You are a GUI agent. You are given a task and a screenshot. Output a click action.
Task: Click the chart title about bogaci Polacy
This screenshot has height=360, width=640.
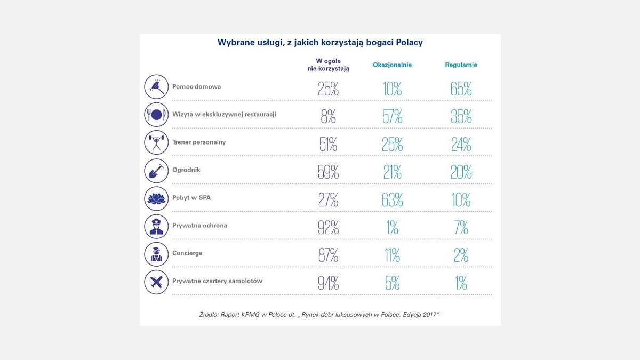tap(320, 43)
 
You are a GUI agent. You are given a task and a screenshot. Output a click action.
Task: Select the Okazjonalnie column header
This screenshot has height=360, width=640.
tap(392, 65)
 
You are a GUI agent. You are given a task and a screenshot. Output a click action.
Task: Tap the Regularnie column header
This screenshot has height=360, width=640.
tap(461, 65)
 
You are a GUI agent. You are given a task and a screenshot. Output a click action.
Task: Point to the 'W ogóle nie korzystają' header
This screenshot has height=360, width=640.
tap(328, 65)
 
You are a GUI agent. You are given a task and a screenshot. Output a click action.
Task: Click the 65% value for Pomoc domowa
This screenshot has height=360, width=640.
tap(461, 89)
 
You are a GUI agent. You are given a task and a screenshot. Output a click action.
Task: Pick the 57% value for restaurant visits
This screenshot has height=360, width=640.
tap(392, 117)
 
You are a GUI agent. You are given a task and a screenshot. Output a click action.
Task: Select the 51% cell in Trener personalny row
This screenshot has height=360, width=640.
tap(328, 145)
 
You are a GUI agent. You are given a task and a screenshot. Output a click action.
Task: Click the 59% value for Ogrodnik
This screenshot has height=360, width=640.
tap(328, 172)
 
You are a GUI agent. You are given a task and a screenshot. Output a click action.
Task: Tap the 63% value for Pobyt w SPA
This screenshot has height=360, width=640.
tap(392, 200)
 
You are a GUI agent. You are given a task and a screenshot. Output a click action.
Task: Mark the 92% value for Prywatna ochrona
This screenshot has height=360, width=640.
tap(328, 228)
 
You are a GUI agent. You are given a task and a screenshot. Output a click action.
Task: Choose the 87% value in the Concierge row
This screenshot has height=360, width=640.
tap(328, 255)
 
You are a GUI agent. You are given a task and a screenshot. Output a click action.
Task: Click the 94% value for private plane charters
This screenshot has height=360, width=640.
tap(328, 283)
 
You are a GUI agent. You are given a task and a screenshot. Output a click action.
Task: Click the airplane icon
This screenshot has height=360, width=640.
tap(156, 282)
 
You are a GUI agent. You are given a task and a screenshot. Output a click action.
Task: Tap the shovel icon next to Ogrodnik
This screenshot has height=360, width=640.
tap(156, 171)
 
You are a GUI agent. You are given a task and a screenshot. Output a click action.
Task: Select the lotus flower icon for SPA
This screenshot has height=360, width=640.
tap(156, 198)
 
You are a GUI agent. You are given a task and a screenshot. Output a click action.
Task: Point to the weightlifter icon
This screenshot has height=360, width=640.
tap(156, 142)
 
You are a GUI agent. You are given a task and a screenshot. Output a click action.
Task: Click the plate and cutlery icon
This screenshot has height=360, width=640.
tap(156, 115)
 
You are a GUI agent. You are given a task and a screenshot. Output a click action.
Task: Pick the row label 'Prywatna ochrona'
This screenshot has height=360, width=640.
tap(199, 226)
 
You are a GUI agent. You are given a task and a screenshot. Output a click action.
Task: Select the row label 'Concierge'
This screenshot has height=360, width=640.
tap(187, 253)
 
